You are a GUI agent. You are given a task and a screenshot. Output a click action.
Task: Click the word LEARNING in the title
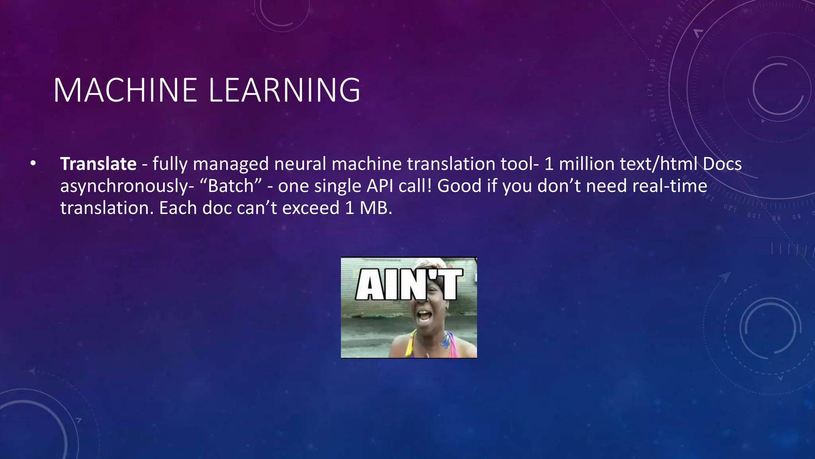[x=284, y=90]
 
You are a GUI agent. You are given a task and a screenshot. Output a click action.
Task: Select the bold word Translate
[x=98, y=164]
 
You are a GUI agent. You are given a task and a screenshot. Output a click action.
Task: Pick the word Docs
[x=722, y=164]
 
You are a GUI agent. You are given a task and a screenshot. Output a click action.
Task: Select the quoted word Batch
[x=231, y=186]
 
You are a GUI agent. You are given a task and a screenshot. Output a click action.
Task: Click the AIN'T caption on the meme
[x=409, y=284]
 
